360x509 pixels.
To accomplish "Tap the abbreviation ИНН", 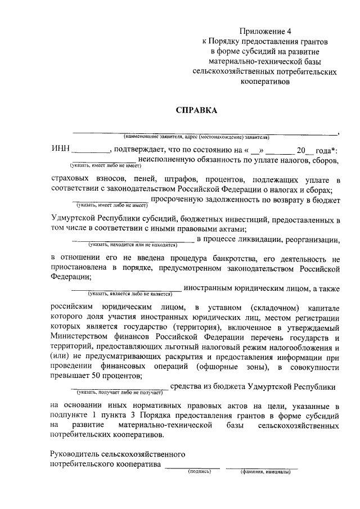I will click(x=60, y=150).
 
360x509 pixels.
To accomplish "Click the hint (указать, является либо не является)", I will click(x=129, y=294).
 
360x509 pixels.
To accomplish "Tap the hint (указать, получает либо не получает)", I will click(x=119, y=391).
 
